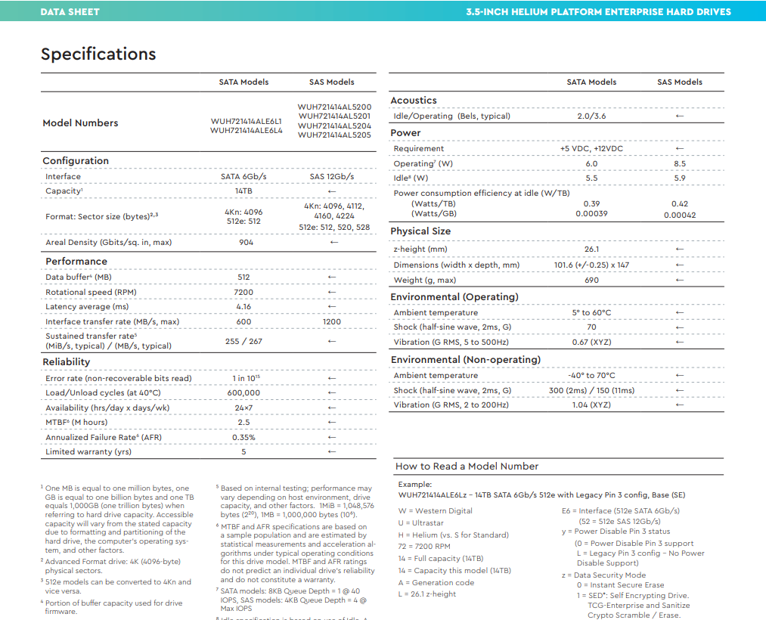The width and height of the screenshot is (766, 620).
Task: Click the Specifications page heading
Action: pyautogui.click(x=98, y=54)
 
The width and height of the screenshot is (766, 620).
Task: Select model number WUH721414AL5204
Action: pyautogui.click(x=334, y=126)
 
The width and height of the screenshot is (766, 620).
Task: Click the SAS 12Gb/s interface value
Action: pyautogui.click(x=331, y=177)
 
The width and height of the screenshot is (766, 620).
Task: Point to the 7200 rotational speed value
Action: pyautogui.click(x=243, y=292)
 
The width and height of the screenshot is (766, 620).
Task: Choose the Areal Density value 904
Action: pyautogui.click(x=246, y=243)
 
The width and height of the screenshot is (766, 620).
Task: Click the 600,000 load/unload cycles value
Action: pyautogui.click(x=243, y=393)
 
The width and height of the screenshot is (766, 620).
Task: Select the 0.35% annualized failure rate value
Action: pyautogui.click(x=243, y=437)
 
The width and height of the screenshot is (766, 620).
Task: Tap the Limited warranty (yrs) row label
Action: pyautogui.click(x=88, y=452)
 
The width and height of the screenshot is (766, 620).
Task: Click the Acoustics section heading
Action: pyautogui.click(x=414, y=101)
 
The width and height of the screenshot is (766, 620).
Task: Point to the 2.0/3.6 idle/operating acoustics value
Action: pyautogui.click(x=591, y=116)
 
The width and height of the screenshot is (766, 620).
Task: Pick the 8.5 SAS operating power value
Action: pyautogui.click(x=679, y=164)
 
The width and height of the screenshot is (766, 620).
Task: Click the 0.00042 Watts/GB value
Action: pyautogui.click(x=679, y=215)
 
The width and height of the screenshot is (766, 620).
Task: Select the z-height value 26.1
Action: pyautogui.click(x=591, y=250)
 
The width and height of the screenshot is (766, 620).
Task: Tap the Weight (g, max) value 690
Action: pyautogui.click(x=591, y=281)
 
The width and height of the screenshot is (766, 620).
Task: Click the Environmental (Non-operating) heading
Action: pyautogui.click(x=465, y=360)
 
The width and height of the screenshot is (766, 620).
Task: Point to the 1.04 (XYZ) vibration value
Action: pyautogui.click(x=591, y=405)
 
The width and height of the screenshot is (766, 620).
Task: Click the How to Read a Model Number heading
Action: pyautogui.click(x=467, y=467)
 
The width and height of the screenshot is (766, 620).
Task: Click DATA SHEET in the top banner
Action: pyautogui.click(x=70, y=11)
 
